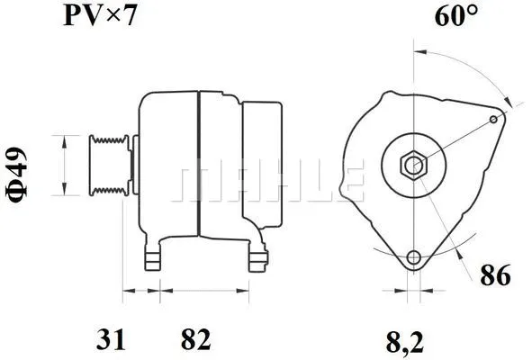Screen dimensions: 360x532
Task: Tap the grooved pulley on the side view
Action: [x=108, y=165]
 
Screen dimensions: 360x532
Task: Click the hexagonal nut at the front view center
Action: [x=413, y=165]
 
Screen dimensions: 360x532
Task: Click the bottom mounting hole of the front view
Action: [x=413, y=258]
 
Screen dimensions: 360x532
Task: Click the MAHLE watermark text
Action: [x=270, y=183]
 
